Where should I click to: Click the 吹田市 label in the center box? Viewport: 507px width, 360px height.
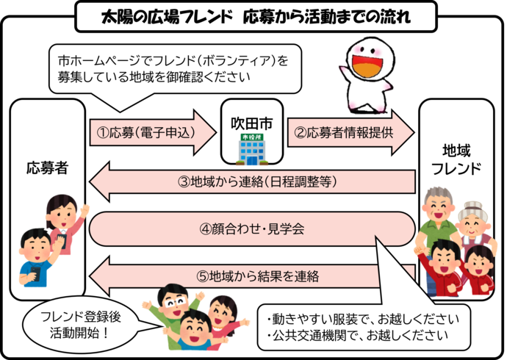[x=251, y=120]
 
